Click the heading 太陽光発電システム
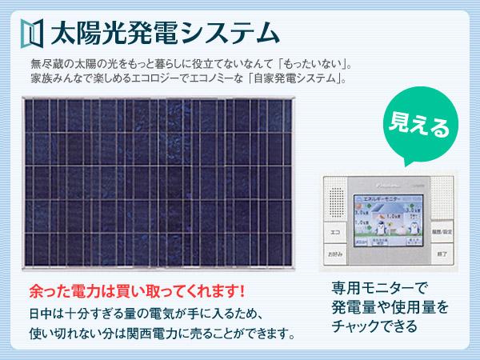pyautogui.click(x=164, y=34)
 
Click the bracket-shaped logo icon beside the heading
pyautogui.click(x=30, y=34)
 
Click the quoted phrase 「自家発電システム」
pyautogui.click(x=296, y=79)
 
